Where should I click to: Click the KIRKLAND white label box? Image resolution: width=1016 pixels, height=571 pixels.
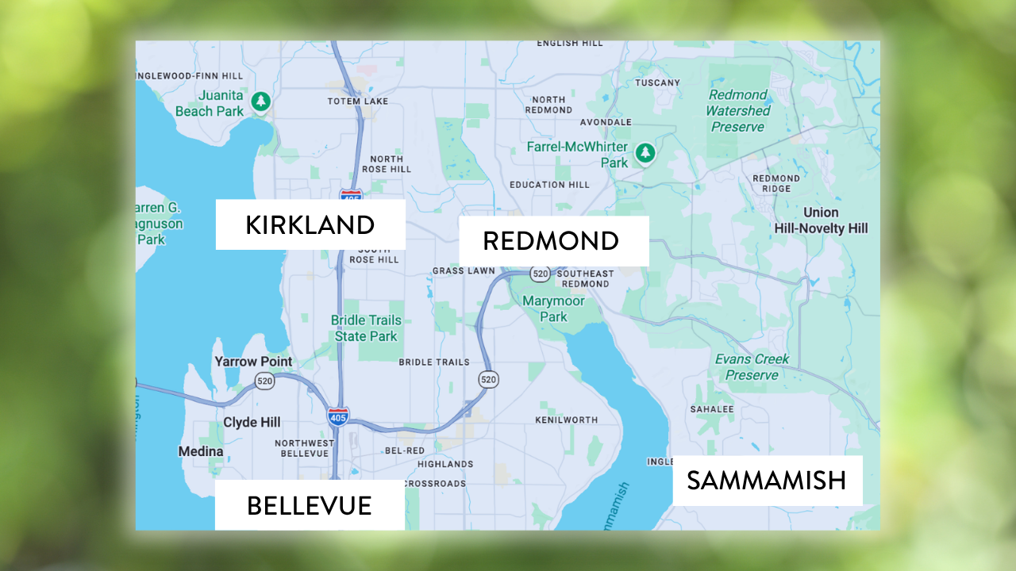coord(310,224)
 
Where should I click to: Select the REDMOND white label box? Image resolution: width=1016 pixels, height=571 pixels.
coord(553,241)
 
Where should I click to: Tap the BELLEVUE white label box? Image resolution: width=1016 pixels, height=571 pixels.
coord(310,505)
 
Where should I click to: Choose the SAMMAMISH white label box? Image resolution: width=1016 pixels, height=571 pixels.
coord(767,481)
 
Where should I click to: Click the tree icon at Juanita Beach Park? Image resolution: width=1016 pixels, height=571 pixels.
coord(260,102)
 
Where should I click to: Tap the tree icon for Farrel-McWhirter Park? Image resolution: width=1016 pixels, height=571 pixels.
coord(646,152)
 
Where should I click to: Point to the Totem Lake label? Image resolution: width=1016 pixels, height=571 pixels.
coord(358,102)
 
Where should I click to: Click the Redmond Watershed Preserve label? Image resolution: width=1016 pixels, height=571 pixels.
coord(737,111)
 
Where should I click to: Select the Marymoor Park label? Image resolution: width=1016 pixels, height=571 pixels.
coord(553,309)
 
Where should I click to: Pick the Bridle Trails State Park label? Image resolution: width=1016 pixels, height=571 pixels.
coord(367,328)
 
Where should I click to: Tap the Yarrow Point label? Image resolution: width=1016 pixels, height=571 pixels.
coord(253,362)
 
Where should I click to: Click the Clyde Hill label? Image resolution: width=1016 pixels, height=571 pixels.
coord(252,423)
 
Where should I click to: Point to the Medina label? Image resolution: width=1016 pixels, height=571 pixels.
coord(201,451)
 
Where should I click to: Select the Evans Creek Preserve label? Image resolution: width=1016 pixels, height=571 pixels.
coord(752,367)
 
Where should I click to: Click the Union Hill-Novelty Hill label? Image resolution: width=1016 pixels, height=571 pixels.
coord(821,220)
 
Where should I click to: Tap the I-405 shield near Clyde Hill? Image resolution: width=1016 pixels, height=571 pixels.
coord(338,416)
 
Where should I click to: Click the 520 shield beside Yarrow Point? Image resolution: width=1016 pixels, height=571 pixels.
coord(265,381)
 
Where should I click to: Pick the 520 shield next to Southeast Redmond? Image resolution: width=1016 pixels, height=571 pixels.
coord(541,274)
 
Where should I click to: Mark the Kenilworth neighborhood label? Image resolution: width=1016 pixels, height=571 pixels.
coord(566,420)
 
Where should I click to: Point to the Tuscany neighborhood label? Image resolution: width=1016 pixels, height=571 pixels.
coord(657,82)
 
